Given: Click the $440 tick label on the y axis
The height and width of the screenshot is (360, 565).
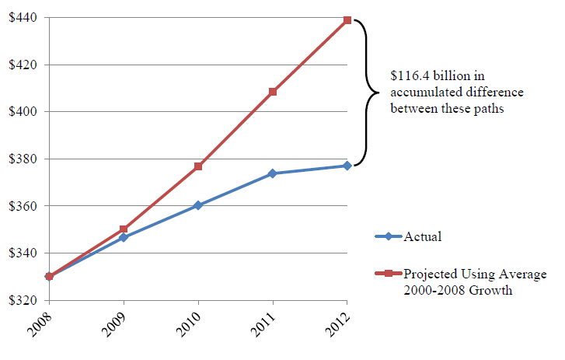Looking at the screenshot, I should tap(23, 17).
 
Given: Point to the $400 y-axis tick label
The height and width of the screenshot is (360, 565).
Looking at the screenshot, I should tap(23, 111).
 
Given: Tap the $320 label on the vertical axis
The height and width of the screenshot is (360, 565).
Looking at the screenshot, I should tap(23, 300).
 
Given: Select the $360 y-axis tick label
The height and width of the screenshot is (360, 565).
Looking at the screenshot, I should tap(23, 206).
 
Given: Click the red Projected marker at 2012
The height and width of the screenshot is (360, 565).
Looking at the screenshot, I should tap(347, 20).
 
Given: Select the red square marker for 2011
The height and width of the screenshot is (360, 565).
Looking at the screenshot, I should tap(273, 92).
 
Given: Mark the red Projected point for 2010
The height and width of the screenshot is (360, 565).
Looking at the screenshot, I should tap(198, 166).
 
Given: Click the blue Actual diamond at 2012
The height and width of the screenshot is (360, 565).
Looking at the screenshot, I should tap(347, 166).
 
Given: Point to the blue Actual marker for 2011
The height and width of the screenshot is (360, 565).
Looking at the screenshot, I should tap(273, 173).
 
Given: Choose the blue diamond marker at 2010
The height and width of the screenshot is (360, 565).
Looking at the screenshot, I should tap(198, 205).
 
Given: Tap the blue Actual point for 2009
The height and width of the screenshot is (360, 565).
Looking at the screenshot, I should tap(124, 237).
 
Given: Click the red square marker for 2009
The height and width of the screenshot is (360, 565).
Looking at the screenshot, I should tap(124, 229).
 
